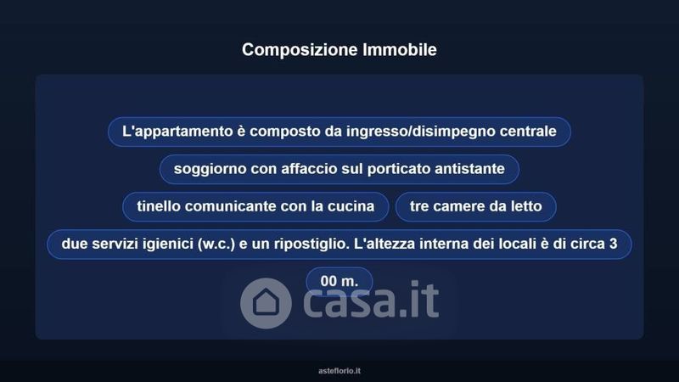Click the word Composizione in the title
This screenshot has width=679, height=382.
pyautogui.click(x=300, y=50)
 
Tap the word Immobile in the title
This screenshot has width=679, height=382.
pyautogui.click(x=400, y=49)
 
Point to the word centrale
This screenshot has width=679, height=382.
pyautogui.click(x=528, y=132)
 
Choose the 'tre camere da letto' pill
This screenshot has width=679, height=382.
pyautogui.click(x=475, y=206)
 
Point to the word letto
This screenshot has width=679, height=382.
pyautogui.click(x=525, y=206)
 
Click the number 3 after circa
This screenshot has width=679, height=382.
pyautogui.click(x=613, y=244)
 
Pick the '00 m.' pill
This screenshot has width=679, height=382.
pyautogui.click(x=339, y=282)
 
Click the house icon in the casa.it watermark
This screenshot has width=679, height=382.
pyautogui.click(x=266, y=303)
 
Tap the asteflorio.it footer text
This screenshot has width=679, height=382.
pyautogui.click(x=339, y=371)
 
